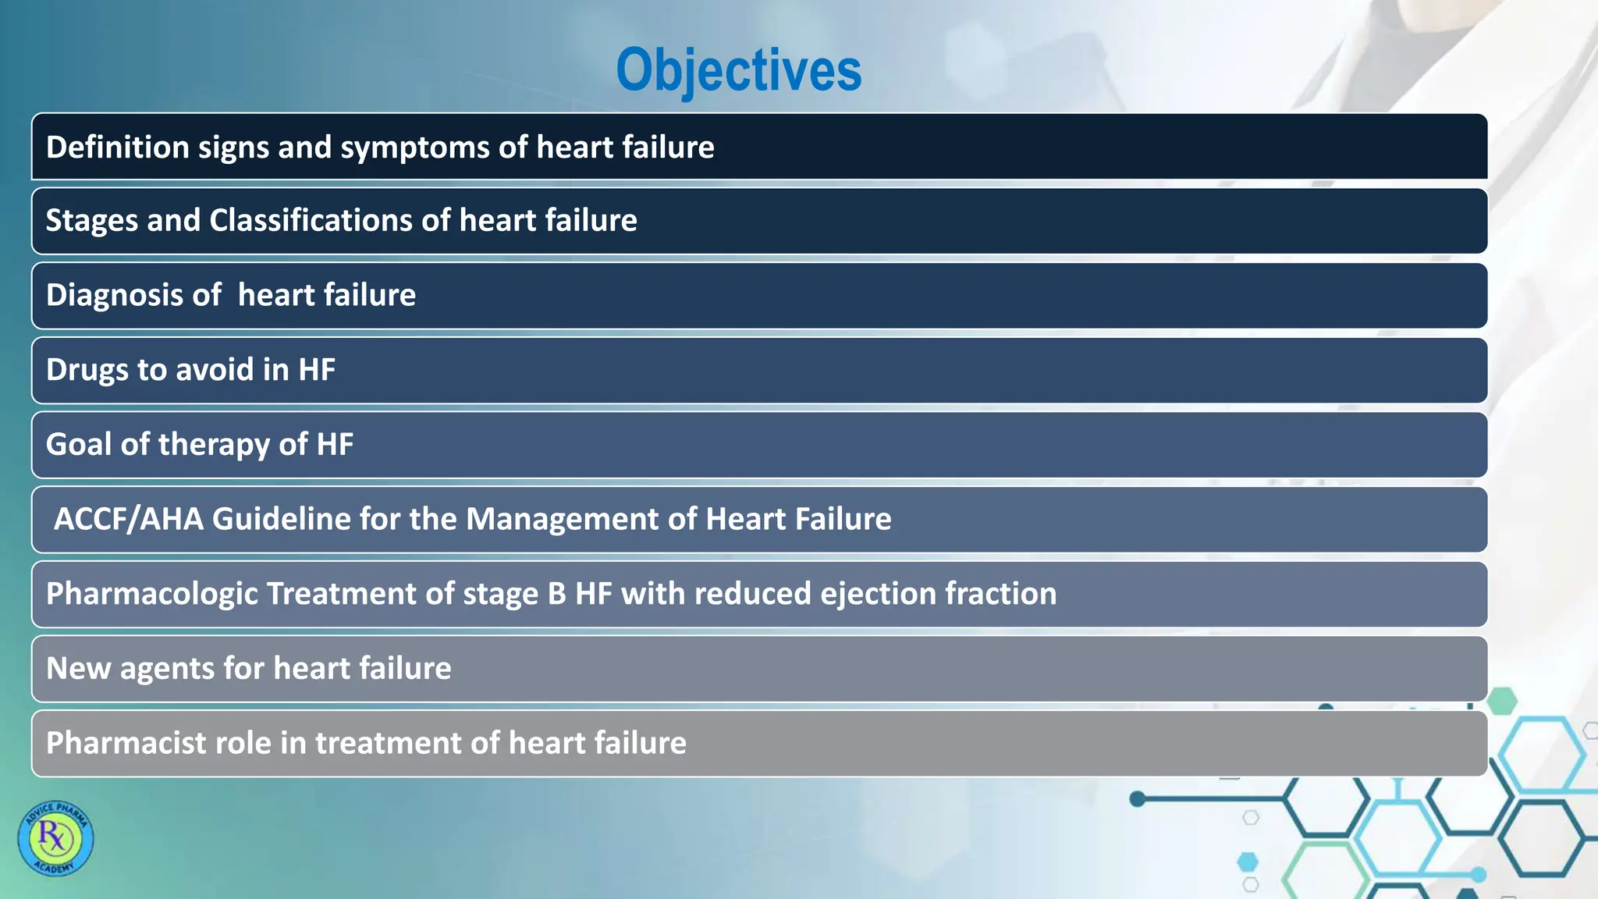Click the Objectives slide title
(738, 70)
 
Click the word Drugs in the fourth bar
(87, 370)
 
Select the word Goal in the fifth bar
(78, 445)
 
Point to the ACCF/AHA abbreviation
(128, 519)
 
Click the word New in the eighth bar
(78, 669)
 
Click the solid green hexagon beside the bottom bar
(1502, 701)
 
